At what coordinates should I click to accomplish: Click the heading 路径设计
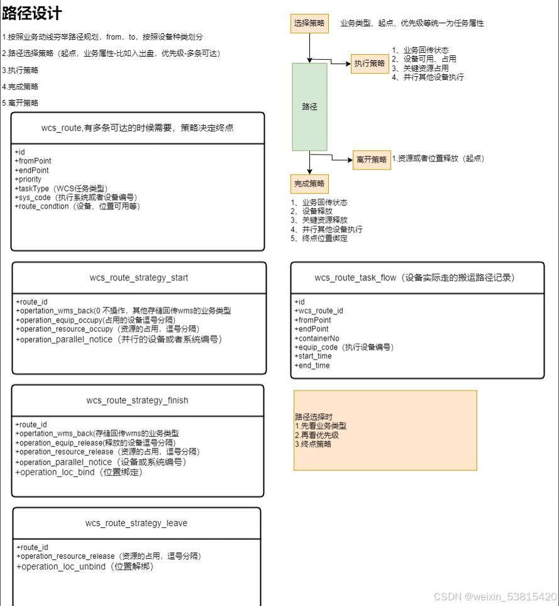(x=32, y=14)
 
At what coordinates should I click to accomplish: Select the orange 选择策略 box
(x=309, y=23)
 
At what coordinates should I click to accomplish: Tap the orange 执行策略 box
(x=369, y=63)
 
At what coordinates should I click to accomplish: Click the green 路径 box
(x=309, y=107)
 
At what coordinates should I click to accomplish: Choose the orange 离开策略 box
(x=372, y=160)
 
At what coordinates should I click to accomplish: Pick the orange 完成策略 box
(x=309, y=184)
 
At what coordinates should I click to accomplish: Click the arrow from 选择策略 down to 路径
(x=309, y=48)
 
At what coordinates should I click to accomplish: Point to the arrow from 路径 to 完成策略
(x=309, y=163)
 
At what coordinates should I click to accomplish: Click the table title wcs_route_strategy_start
(x=139, y=278)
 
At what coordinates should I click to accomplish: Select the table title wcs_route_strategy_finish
(x=137, y=400)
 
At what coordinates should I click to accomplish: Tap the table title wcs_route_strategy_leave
(x=136, y=523)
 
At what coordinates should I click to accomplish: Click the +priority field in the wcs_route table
(x=28, y=179)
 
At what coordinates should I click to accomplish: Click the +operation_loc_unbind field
(x=85, y=566)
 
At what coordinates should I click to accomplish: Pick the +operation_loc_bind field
(x=79, y=472)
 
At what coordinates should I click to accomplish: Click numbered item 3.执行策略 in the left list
(x=20, y=70)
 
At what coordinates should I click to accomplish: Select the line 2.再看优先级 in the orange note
(x=317, y=435)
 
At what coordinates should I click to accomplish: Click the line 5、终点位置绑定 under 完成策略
(x=319, y=238)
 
